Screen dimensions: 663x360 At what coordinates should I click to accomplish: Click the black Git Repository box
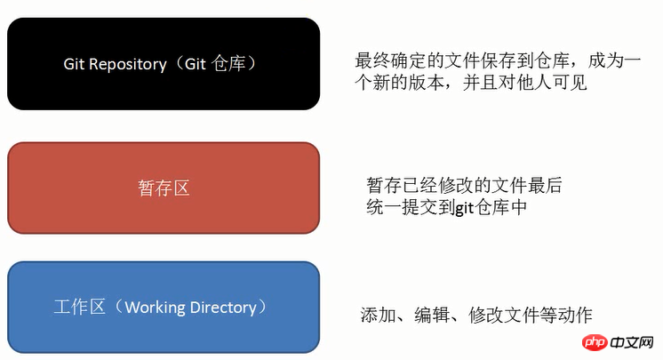pyautogui.click(x=164, y=64)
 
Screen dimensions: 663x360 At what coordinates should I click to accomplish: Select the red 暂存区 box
pyautogui.click(x=164, y=188)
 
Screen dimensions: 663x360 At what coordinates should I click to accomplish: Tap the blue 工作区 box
pyautogui.click(x=164, y=308)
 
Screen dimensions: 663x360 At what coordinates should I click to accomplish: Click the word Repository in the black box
pyautogui.click(x=128, y=64)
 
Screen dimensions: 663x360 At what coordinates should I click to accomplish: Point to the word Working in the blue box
pyautogui.click(x=155, y=308)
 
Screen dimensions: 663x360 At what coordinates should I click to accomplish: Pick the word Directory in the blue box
pyautogui.click(x=223, y=308)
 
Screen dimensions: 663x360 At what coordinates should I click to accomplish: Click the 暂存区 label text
pyautogui.click(x=164, y=188)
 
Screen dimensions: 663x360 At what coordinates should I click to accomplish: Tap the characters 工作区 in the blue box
pyautogui.click(x=79, y=307)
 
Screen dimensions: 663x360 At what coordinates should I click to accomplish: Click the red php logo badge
pyautogui.click(x=595, y=342)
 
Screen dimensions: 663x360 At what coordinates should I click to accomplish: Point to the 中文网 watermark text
pyautogui.click(x=632, y=342)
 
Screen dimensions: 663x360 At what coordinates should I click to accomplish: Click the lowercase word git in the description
pyautogui.click(x=464, y=208)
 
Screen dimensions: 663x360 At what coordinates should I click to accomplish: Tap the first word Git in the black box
pyautogui.click(x=75, y=64)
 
